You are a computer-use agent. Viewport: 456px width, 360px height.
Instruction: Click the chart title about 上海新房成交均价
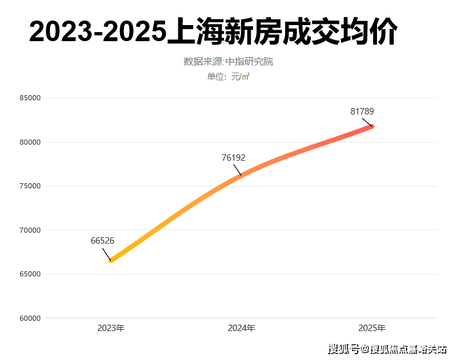213,32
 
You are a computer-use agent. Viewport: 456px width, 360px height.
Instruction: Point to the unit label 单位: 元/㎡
228,77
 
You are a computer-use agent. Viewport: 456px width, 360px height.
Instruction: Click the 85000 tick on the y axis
30,98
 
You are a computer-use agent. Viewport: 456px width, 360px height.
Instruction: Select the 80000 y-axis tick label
30,142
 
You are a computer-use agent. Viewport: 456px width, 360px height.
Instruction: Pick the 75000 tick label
30,186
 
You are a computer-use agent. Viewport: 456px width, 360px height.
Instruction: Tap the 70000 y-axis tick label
30,230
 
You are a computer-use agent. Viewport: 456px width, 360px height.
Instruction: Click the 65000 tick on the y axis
30,274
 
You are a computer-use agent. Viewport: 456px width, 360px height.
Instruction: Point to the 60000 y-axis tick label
30,318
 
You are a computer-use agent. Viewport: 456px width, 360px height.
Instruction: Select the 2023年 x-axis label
111,328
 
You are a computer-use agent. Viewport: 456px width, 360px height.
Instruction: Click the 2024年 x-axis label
241,328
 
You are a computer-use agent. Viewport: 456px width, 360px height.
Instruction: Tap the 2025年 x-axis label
373,328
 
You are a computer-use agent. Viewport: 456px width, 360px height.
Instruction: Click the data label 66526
102,241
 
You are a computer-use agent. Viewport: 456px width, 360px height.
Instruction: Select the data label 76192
234,157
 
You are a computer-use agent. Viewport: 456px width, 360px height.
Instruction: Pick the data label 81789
362,112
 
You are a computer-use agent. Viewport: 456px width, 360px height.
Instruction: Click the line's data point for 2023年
111,260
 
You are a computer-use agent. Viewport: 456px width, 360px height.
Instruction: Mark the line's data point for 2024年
241,175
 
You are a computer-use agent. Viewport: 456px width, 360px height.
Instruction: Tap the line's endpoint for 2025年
372,126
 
